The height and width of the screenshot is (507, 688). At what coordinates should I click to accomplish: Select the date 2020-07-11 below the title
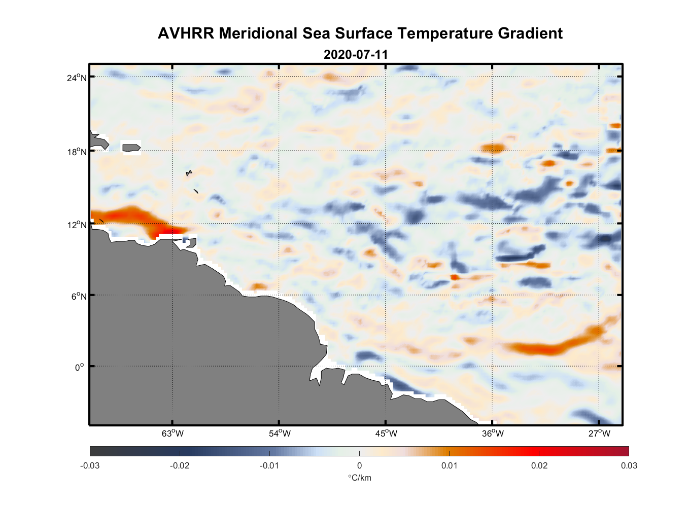click(x=356, y=55)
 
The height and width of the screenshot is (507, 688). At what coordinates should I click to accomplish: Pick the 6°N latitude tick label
click(x=79, y=296)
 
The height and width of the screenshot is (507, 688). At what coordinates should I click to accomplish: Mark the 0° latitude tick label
click(x=80, y=367)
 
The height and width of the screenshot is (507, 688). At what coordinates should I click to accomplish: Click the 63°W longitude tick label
click(x=173, y=433)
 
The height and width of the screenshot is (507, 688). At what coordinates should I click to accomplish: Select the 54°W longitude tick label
click(x=280, y=433)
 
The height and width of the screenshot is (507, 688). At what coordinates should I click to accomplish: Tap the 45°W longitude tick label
click(x=386, y=433)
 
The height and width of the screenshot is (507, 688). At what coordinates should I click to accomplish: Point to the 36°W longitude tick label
click(x=493, y=433)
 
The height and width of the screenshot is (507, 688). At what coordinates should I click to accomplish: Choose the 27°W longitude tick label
click(x=599, y=433)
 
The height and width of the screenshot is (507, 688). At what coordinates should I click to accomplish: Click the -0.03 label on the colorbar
click(x=90, y=466)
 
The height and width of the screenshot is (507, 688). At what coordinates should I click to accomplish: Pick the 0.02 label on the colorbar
click(x=539, y=466)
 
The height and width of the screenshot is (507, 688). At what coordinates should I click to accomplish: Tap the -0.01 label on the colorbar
click(x=269, y=466)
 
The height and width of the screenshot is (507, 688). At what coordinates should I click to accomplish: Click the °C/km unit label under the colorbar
click(x=359, y=478)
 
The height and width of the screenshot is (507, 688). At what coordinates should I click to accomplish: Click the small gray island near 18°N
click(x=131, y=148)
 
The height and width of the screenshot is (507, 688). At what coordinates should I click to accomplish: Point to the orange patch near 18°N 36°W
click(x=493, y=148)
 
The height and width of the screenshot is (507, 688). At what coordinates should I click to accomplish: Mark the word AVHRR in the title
click(x=186, y=33)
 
